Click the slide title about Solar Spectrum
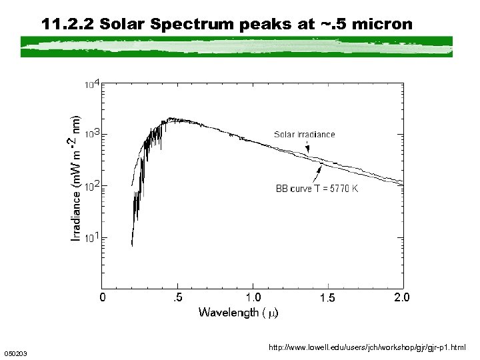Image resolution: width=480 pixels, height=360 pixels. click(x=227, y=25)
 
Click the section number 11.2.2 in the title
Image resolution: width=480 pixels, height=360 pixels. click(x=68, y=25)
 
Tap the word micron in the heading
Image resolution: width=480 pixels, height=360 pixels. click(x=381, y=25)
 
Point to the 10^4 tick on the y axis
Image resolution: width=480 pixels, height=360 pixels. click(x=93, y=84)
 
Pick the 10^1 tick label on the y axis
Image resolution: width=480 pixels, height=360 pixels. click(x=93, y=237)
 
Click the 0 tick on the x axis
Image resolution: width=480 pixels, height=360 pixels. click(x=102, y=297)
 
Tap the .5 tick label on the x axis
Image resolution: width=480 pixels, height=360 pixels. click(x=178, y=297)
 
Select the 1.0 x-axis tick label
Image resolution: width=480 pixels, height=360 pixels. click(x=253, y=297)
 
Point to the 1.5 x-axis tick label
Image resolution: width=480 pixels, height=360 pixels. click(x=327, y=297)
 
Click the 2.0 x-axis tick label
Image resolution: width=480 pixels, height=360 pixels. click(x=402, y=297)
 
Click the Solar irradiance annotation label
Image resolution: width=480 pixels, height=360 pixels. click(x=305, y=135)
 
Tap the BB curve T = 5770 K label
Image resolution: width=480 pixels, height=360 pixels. click(x=317, y=189)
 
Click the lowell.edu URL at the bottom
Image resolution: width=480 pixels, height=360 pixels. click(x=367, y=347)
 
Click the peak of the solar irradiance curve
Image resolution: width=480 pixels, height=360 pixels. click(x=172, y=119)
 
